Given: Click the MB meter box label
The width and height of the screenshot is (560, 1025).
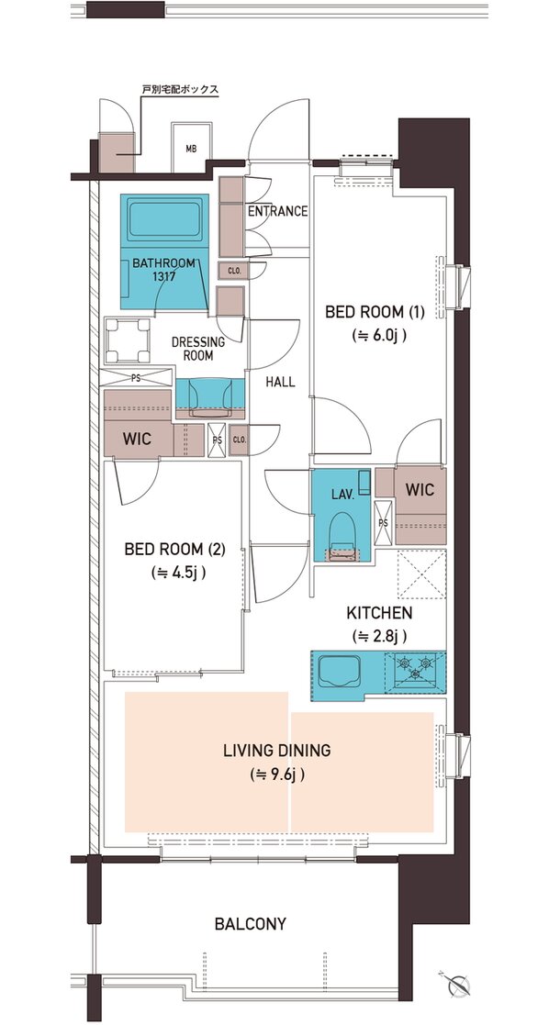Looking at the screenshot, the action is (x=190, y=149).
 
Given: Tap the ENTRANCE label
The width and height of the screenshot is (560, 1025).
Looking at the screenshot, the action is (x=277, y=211).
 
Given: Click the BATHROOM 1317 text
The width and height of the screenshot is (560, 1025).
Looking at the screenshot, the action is (x=163, y=269).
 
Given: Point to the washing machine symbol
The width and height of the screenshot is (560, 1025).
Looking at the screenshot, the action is (x=128, y=340).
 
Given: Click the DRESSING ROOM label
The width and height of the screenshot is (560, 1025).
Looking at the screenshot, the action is (x=198, y=349).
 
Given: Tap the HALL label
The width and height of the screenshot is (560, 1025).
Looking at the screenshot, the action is (x=280, y=382).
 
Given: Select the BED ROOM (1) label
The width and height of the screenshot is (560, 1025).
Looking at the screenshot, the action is (x=375, y=313).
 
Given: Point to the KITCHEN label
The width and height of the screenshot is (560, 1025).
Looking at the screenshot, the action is (x=379, y=613).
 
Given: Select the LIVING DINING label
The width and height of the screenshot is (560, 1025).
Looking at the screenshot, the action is (x=276, y=751).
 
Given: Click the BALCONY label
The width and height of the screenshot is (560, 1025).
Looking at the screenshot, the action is (x=251, y=924).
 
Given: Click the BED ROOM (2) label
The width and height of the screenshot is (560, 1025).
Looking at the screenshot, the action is (x=174, y=549).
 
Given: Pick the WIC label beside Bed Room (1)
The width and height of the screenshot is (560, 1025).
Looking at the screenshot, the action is (x=420, y=490).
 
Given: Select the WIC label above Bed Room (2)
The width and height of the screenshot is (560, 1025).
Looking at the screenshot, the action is (x=138, y=439).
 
